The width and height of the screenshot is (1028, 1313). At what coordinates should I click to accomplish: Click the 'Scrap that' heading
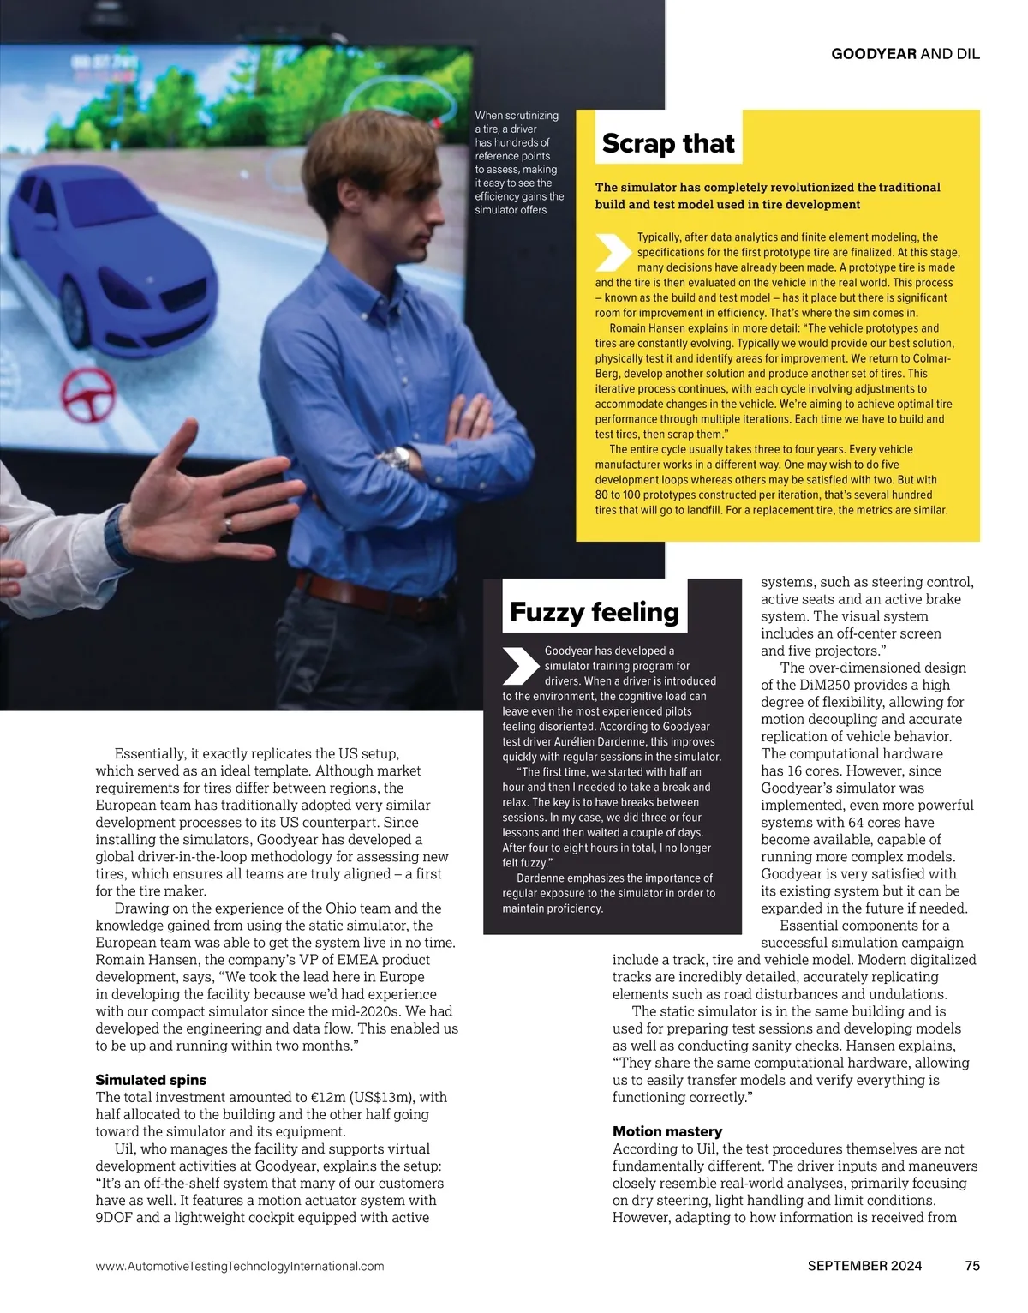[x=668, y=144]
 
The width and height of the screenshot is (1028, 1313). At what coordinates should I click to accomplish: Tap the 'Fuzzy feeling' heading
[x=594, y=612]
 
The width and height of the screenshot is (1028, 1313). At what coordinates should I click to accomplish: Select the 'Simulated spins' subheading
[x=151, y=1080]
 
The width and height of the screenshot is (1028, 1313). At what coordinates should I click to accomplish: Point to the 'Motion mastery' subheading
[x=667, y=1131]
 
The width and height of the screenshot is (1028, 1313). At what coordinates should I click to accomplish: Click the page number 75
[x=972, y=1266]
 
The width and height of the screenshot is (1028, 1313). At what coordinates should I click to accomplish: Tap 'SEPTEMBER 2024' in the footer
[x=864, y=1266]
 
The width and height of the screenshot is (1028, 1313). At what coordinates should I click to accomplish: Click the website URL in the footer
[x=240, y=1266]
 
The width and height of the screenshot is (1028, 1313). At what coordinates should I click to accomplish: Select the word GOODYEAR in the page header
[x=874, y=54]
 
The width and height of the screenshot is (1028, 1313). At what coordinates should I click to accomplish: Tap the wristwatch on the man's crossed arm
[x=400, y=458]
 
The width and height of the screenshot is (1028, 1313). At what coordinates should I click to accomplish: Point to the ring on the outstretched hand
[x=227, y=523]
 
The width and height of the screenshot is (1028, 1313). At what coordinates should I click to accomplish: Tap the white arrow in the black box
[x=521, y=666]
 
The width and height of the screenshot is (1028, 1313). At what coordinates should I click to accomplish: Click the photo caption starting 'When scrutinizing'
[x=518, y=163]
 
